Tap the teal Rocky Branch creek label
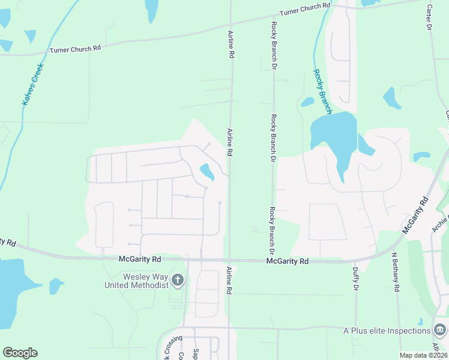(x=322, y=92)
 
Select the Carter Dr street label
(x=429, y=19)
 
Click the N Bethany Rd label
(x=396, y=272)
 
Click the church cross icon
(x=178, y=280)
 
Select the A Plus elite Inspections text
(x=386, y=331)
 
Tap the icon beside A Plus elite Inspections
(x=439, y=331)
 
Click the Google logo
(x=20, y=353)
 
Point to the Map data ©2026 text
(x=423, y=355)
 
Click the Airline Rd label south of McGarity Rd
(x=229, y=280)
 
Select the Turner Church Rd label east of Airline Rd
(x=305, y=9)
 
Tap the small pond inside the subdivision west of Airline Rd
(x=207, y=172)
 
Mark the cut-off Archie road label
(x=440, y=224)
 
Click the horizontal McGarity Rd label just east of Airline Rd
(x=288, y=262)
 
